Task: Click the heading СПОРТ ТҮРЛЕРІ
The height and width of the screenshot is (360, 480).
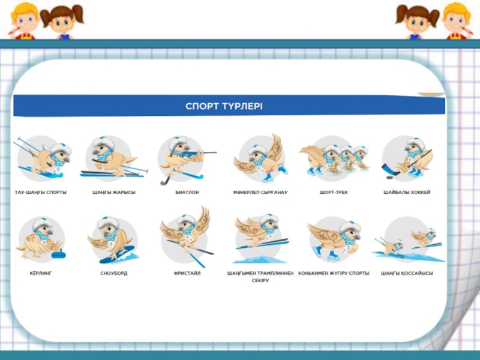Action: [224, 106]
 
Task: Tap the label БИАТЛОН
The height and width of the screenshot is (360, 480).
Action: [187, 192]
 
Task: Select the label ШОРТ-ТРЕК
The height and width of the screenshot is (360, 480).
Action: [334, 192]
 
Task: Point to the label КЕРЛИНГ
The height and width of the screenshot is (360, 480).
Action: [41, 273]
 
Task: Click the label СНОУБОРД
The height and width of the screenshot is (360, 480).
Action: [114, 273]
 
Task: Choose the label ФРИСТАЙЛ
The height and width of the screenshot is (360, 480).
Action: [187, 273]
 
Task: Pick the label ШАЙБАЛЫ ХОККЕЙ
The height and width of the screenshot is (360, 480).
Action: [407, 192]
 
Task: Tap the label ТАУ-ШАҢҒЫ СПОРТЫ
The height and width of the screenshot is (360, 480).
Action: [41, 192]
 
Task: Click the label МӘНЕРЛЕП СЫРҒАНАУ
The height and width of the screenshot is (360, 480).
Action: [260, 192]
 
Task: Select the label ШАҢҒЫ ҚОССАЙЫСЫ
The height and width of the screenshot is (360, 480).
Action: [407, 273]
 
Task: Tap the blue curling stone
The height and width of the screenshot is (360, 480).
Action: [58, 253]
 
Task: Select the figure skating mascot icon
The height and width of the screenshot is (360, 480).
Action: [261, 158]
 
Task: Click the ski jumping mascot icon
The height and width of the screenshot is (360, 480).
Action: [261, 239]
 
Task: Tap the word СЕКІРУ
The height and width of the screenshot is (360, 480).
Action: [260, 280]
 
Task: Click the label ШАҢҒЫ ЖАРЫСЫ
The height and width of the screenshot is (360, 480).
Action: [114, 192]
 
